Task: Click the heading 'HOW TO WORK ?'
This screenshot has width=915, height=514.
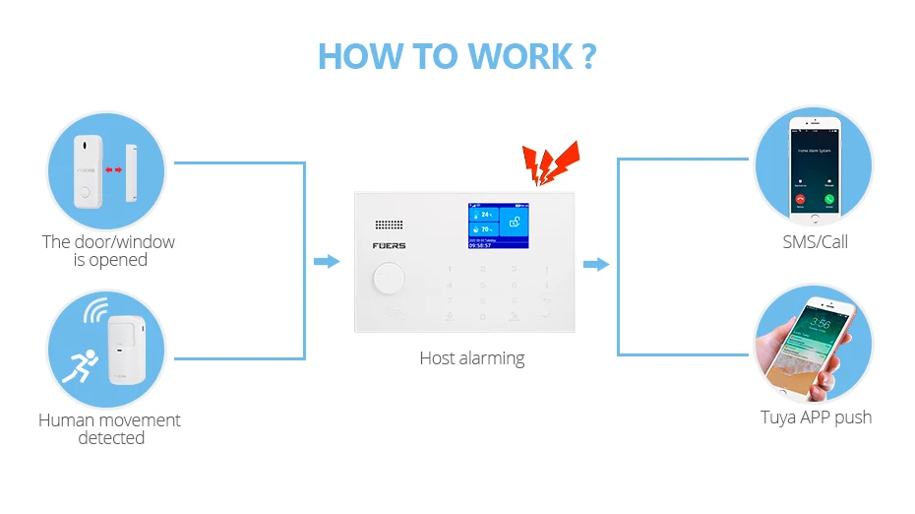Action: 457,55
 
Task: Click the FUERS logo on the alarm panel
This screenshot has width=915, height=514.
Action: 390,246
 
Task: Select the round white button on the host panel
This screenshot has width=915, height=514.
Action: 389,280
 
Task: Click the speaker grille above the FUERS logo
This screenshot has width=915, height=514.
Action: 390,225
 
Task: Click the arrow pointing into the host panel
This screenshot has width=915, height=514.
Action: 326,262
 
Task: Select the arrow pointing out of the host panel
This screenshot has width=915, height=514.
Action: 595,264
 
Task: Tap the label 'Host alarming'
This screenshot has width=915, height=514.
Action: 472,358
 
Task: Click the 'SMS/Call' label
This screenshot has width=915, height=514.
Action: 815,241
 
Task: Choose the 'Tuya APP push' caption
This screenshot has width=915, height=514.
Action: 816,418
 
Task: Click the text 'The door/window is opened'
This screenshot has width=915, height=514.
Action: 108,250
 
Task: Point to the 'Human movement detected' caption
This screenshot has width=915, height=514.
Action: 109,428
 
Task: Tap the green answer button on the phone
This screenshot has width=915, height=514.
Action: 829,200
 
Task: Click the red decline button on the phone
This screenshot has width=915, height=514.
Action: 799,200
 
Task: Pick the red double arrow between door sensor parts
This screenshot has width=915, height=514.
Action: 115,169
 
